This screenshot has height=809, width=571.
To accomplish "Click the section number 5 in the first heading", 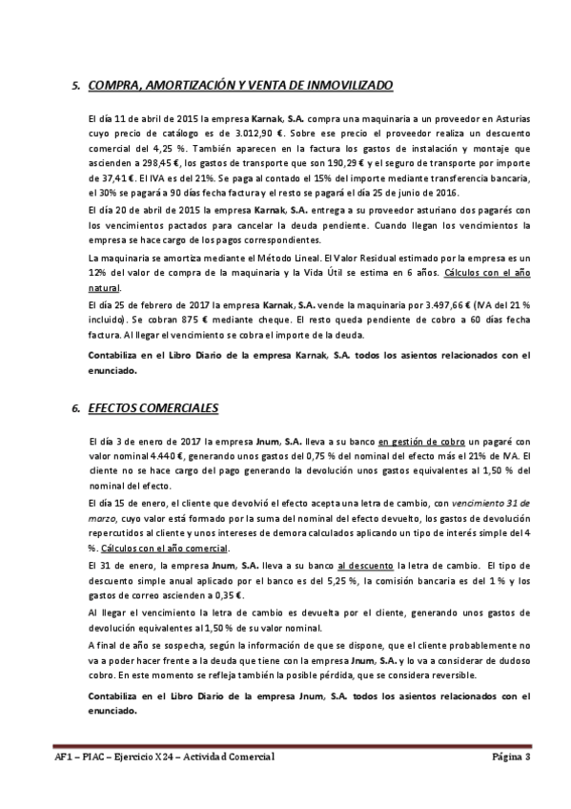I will pos(75,85).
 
